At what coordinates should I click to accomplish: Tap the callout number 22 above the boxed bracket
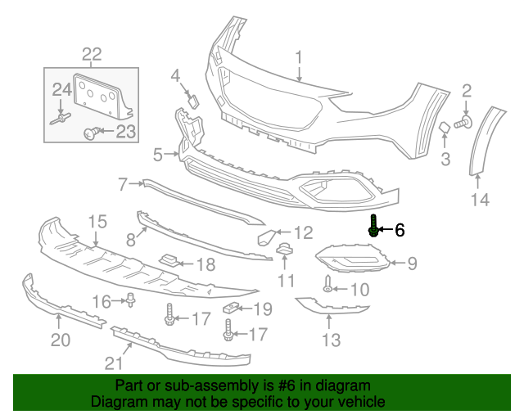coord(91,55)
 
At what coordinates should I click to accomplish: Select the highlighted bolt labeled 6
coord(373,227)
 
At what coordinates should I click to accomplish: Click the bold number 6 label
coord(400,231)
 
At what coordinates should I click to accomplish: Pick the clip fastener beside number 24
coord(60,119)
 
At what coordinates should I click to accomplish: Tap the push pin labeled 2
coord(461,121)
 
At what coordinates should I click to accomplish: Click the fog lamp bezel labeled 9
coord(352,260)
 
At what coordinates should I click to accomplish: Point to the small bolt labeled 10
coord(327,287)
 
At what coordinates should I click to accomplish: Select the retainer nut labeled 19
coord(231,309)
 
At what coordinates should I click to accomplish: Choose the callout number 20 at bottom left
coord(61,339)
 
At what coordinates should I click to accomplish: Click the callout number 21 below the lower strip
coord(112,363)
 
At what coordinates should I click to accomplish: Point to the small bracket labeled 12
coord(266,238)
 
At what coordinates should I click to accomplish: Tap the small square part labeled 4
coord(195,100)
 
